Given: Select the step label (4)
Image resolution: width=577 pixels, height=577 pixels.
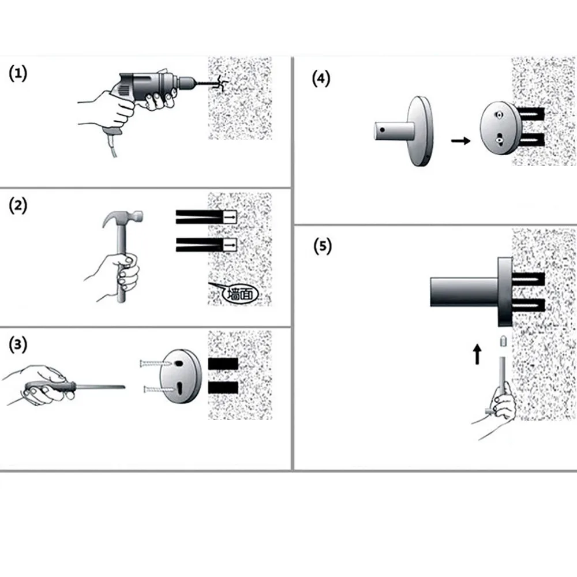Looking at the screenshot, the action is click(321, 79).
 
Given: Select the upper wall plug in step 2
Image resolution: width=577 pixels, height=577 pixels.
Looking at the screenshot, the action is click(205, 216).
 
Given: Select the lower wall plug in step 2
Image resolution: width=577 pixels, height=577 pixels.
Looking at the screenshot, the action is click(205, 245).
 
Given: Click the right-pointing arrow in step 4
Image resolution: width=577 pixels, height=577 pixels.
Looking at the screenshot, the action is click(460, 140).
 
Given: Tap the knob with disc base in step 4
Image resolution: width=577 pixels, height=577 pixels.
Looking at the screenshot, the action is click(407, 131).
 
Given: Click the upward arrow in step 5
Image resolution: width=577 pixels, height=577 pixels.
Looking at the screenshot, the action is click(477, 354).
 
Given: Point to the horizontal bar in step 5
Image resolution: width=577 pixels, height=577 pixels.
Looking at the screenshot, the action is click(462, 291).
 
